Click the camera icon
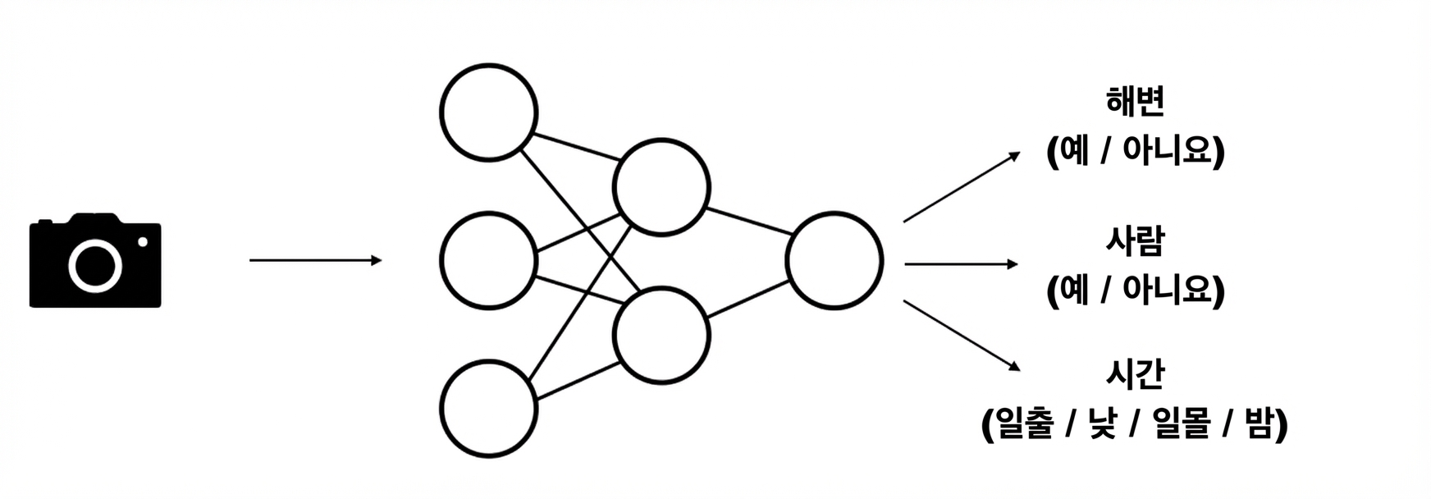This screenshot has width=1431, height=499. point(95,261)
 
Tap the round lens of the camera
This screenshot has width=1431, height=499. point(95,265)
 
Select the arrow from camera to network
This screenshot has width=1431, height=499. point(316,261)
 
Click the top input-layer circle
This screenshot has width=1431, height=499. point(489,112)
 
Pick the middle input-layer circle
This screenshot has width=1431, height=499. point(489,261)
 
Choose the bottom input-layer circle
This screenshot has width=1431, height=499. point(489,409)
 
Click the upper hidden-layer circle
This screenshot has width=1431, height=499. point(661,187)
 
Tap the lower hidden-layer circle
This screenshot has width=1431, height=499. point(661,335)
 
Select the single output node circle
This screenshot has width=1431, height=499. point(834,261)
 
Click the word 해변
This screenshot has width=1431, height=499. point(1136,102)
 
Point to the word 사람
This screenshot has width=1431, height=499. point(1136,240)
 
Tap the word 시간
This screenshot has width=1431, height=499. point(1136,374)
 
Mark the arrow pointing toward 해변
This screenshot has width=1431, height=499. point(962,186)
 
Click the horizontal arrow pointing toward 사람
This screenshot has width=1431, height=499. point(961,264)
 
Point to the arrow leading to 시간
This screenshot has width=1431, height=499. point(962,336)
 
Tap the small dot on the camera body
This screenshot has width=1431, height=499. point(143,241)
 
